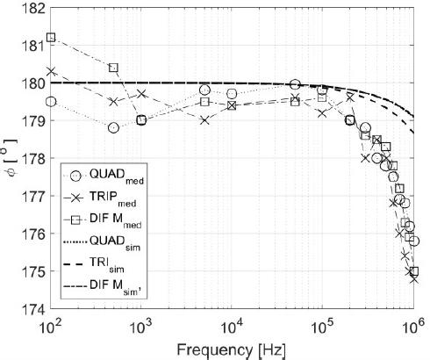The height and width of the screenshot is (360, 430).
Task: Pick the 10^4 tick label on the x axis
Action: [x=230, y=327]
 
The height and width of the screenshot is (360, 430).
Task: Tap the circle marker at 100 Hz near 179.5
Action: [x=51, y=102]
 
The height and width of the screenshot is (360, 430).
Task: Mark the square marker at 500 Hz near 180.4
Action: [x=113, y=68]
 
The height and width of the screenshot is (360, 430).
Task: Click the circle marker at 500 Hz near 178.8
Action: [x=113, y=128]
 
